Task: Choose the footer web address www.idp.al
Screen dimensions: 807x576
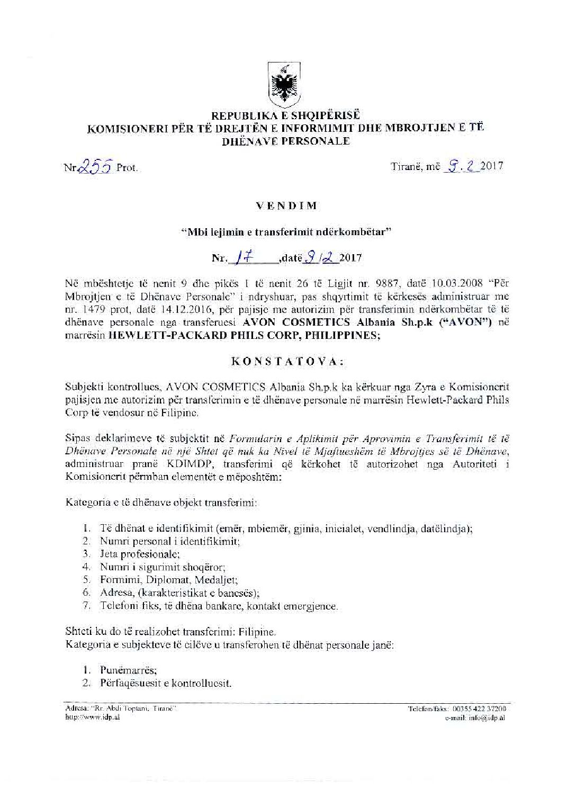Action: (92, 718)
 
